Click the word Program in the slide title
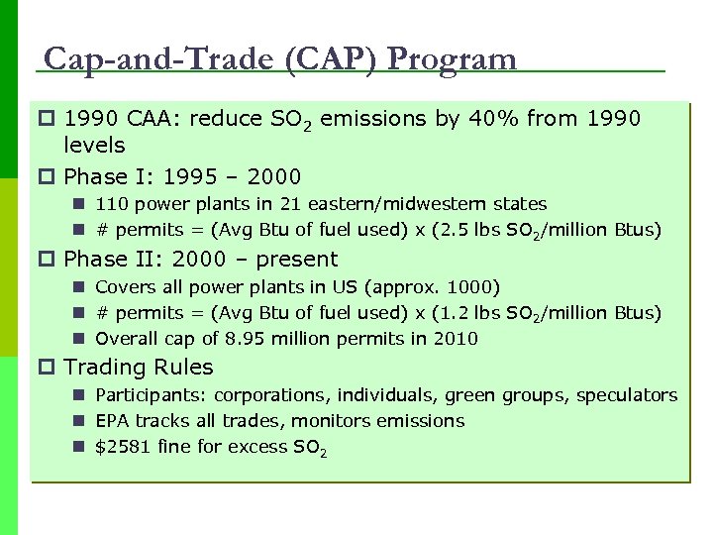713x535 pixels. [452, 59]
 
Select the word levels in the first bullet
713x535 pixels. [94, 146]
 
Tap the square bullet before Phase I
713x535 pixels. [48, 177]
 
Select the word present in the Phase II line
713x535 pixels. [297, 260]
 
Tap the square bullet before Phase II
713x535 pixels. [48, 260]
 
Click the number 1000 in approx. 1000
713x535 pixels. [473, 287]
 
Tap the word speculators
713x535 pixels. [629, 395]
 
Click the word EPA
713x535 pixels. [112, 421]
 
